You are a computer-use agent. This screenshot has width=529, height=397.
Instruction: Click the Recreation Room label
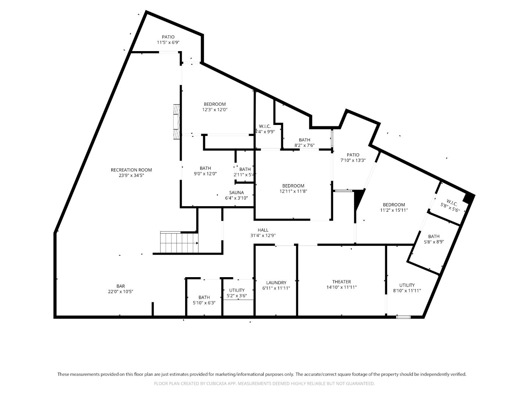click(x=131, y=170)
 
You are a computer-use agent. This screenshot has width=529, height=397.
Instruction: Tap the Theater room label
click(x=341, y=282)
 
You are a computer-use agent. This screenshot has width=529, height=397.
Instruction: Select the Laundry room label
click(x=276, y=283)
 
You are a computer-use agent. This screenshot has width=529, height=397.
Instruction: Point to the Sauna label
click(x=236, y=193)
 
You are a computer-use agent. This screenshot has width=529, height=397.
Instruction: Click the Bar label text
click(x=120, y=286)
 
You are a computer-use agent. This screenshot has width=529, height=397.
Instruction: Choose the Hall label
click(x=263, y=230)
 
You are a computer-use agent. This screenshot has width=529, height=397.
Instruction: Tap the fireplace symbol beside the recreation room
click(x=177, y=122)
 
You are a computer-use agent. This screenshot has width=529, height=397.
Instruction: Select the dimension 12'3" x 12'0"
click(x=215, y=110)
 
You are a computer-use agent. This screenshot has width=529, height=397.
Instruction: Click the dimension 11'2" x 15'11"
click(x=394, y=210)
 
